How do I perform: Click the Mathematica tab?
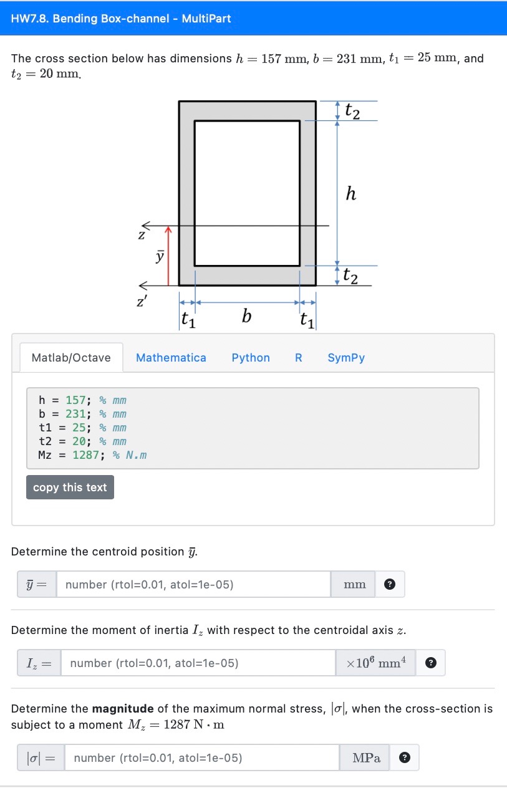tap(171, 358)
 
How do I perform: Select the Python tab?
tap(251, 358)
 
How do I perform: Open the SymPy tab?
tap(346, 358)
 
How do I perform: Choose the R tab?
tap(299, 358)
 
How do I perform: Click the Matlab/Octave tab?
tap(71, 358)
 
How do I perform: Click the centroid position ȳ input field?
tap(193, 585)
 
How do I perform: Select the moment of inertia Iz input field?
tap(198, 663)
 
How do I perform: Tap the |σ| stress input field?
tap(202, 758)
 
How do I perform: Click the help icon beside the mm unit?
tap(390, 585)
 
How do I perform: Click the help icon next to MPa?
tap(404, 758)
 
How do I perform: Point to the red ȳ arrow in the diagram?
tap(167, 256)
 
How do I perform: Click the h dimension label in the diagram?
tap(351, 195)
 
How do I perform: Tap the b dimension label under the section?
tap(247, 317)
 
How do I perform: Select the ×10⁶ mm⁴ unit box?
tap(376, 663)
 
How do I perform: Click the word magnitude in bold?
tap(123, 709)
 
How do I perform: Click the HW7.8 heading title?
tap(121, 19)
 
